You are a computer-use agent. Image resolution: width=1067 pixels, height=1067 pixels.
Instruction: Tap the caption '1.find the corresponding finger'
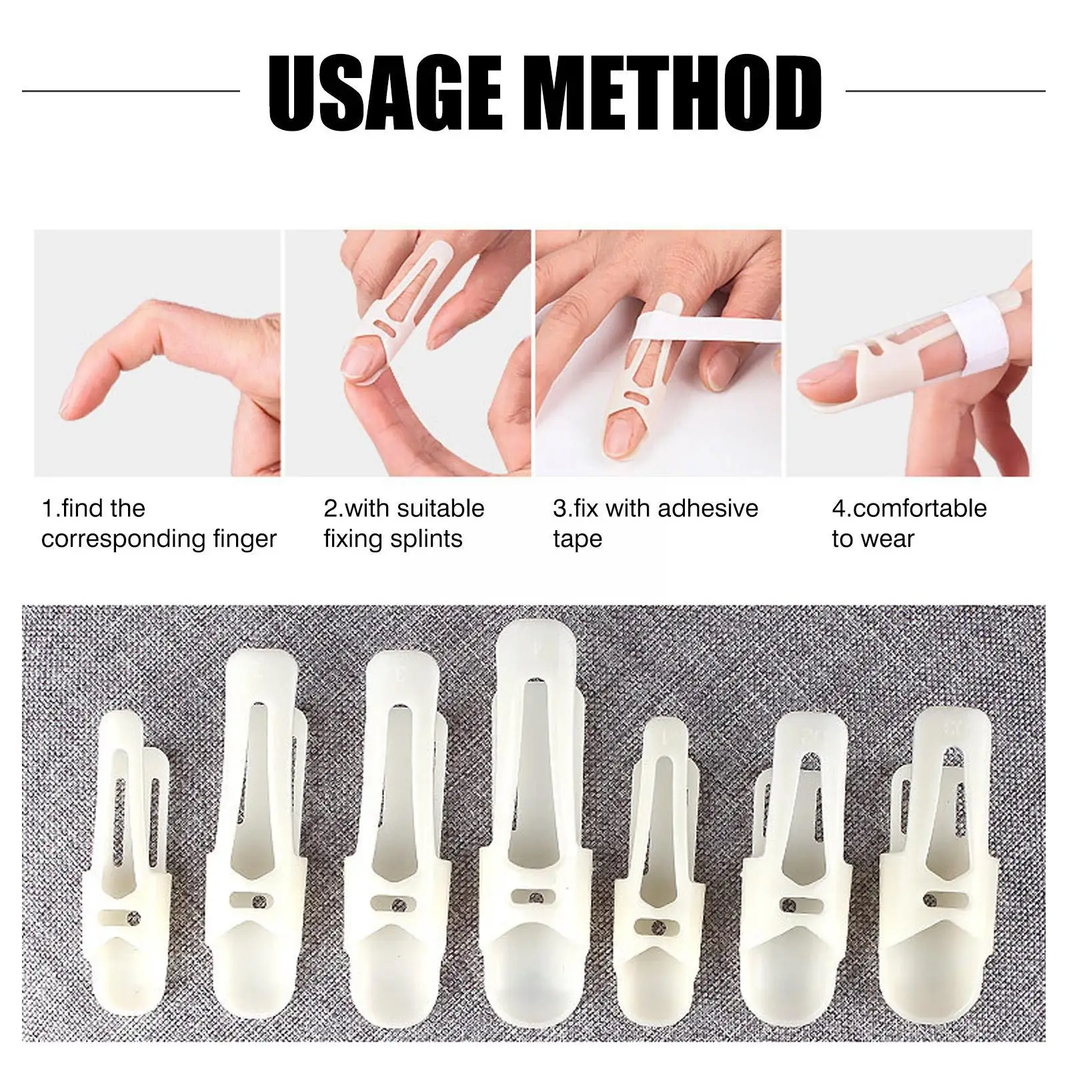pyautogui.click(x=159, y=523)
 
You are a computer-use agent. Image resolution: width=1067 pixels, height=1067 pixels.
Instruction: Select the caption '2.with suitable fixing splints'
pyautogui.click(x=404, y=523)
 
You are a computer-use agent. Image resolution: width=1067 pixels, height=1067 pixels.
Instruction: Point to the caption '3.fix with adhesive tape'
pyautogui.click(x=656, y=523)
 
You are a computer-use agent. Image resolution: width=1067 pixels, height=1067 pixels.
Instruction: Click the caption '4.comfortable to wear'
pyautogui.click(x=909, y=523)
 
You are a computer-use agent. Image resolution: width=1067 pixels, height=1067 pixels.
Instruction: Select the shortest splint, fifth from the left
pyautogui.click(x=657, y=867)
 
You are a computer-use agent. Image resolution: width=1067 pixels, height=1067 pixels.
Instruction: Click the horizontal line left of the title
pyautogui.click(x=131, y=91)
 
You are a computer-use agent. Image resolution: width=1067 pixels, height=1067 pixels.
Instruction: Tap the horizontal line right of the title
pyautogui.click(x=946, y=91)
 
